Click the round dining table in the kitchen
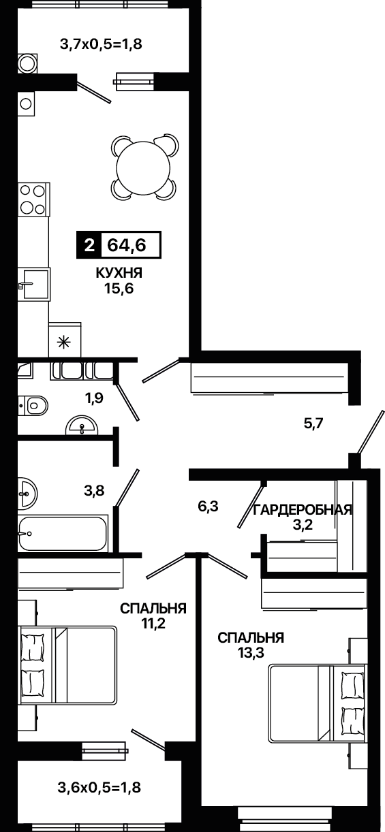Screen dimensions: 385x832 pos(143,165)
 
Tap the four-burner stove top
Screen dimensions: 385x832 pos(33,199)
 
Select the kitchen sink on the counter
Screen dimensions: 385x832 pos(34,284)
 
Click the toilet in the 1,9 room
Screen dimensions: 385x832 pos(33,405)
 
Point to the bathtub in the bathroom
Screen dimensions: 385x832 pos(63,533)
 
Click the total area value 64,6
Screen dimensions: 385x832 pos(127,245)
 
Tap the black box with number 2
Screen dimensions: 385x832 pos(89,245)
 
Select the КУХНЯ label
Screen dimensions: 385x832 pos(119,273)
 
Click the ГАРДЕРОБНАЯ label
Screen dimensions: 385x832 pos(303,510)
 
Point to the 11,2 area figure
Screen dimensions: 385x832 pos(153,623)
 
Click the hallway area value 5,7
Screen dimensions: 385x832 pos(313,423)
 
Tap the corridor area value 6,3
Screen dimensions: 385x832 pos(208,507)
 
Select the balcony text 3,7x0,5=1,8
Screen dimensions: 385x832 pos(101,44)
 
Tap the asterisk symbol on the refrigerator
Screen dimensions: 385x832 pos(64,342)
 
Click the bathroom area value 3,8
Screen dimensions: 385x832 pos(94,491)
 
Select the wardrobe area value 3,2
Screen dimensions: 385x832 pos(303,525)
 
